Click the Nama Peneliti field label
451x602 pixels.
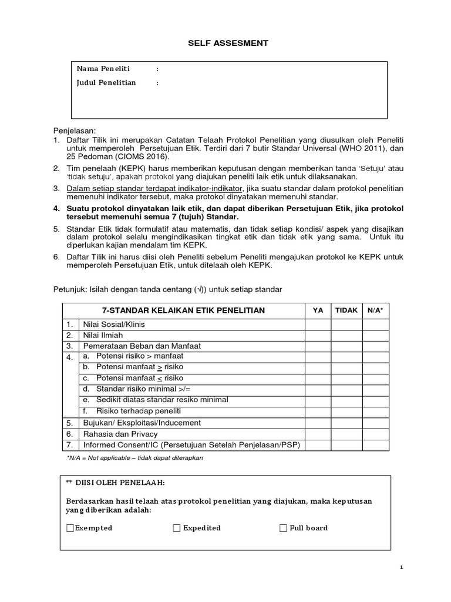click(x=103, y=69)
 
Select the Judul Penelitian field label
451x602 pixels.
click(x=106, y=83)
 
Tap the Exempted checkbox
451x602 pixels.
click(x=71, y=528)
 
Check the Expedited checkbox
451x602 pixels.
click(x=177, y=528)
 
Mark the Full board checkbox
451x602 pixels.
click(x=284, y=528)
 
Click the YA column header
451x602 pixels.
click(x=318, y=310)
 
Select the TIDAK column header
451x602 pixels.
click(x=346, y=310)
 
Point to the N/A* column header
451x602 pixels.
click(x=375, y=310)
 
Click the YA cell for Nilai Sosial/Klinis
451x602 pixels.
click(x=318, y=324)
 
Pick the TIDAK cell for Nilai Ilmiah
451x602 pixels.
click(x=346, y=335)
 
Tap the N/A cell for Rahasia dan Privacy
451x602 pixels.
click(x=375, y=434)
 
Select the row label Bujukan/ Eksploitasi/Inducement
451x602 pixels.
click(x=142, y=423)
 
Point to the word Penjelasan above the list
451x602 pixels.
click(x=74, y=130)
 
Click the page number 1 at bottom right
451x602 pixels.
click(x=401, y=567)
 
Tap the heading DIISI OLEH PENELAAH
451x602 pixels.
click(x=115, y=483)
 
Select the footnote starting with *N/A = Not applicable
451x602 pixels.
click(x=136, y=457)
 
